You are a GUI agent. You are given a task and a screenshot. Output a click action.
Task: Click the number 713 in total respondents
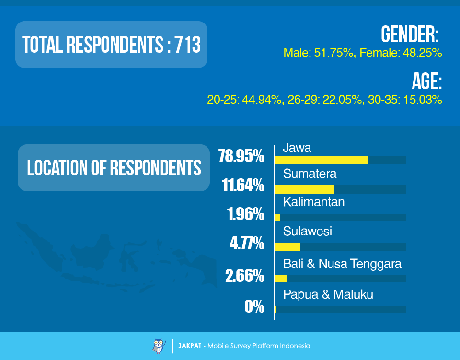[x=188, y=45]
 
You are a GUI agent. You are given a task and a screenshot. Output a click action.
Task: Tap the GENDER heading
[x=410, y=35]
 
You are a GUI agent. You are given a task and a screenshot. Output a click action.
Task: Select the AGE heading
[x=427, y=81]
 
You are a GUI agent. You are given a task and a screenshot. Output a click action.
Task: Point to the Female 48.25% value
[x=401, y=53]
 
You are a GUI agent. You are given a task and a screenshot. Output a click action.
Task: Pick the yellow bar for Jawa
[x=321, y=160]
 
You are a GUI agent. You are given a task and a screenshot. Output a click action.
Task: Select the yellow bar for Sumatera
[x=304, y=189]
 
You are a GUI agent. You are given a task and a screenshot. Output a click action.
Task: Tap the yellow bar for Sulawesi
[x=287, y=247]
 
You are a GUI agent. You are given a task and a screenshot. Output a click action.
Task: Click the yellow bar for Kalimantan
[x=277, y=218]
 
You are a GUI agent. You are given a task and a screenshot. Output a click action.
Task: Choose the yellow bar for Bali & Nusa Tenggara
[x=280, y=279]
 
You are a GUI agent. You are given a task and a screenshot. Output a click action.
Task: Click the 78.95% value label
[x=241, y=156]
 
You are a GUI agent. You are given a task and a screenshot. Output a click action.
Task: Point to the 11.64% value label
[x=242, y=186]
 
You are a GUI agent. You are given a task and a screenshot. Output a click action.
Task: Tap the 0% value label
[x=254, y=307]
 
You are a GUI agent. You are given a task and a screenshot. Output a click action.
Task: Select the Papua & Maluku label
[x=328, y=294]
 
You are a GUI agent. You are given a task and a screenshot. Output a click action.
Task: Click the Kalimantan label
[x=313, y=202]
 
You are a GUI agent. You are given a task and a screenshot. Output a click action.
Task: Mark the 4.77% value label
[x=247, y=243]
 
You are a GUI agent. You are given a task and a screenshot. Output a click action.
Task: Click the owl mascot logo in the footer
[x=159, y=346]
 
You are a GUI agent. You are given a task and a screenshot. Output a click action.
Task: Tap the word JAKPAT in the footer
[x=190, y=346]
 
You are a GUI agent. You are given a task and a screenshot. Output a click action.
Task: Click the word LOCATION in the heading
[x=57, y=168]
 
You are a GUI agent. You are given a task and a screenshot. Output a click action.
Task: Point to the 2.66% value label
[x=245, y=276]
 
